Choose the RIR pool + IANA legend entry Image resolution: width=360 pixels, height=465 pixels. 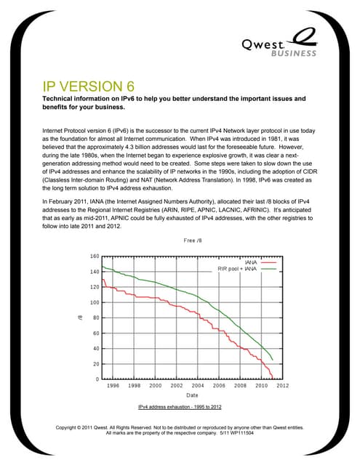239,268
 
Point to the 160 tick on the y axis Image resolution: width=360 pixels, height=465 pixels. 94,256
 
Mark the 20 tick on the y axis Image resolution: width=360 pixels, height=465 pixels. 95,363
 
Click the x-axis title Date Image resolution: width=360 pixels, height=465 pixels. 191,395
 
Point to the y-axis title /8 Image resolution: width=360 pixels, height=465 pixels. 79,318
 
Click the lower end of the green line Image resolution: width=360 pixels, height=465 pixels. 272,360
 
